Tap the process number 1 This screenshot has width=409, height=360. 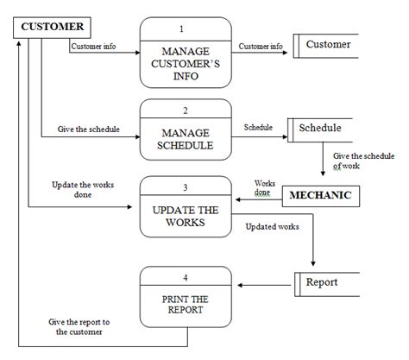pos(186,28)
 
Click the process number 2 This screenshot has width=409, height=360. pos(186,110)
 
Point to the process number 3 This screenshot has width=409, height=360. pos(186,186)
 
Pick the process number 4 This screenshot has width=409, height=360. pos(186,276)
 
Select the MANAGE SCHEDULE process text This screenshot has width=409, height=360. pos(186,139)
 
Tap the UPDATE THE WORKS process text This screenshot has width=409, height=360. pos(186,217)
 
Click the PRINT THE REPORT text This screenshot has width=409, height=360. pos(186,305)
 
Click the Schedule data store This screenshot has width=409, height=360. pos(319,129)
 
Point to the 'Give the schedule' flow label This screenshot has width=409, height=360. pos(89,129)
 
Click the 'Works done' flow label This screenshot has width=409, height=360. pos(262,187)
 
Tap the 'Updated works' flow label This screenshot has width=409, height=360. pos(273,228)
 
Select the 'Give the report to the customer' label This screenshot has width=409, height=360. pos(79,326)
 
